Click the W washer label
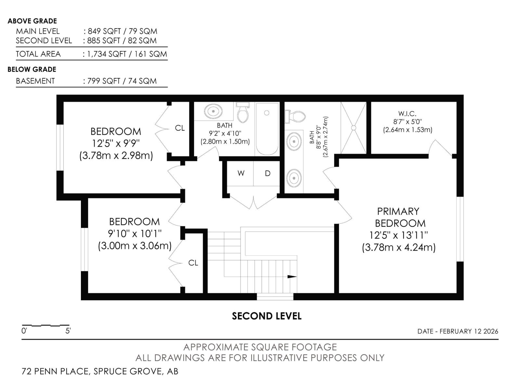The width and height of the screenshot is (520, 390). point(241,173)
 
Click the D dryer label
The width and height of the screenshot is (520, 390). point(267,174)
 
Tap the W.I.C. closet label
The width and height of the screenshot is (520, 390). point(407,114)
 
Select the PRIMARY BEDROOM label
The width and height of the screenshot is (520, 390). point(400,217)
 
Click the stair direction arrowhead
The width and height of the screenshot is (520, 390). point(292,277)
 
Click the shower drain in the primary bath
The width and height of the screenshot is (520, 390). point(354,128)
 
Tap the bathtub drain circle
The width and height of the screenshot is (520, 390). point(267,113)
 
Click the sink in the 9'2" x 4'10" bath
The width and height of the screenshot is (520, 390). point(214,111)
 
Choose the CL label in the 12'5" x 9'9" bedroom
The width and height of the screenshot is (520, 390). point(180,128)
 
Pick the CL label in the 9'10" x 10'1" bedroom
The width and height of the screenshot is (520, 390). point(193,263)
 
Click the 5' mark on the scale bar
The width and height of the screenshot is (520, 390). point(68,331)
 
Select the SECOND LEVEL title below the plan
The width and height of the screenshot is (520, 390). point(266,316)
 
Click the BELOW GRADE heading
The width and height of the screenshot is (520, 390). point(32,69)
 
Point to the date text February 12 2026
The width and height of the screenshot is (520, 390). point(469,331)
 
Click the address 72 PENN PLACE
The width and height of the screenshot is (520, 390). point(56,371)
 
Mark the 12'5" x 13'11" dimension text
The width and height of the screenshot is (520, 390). point(399,235)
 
